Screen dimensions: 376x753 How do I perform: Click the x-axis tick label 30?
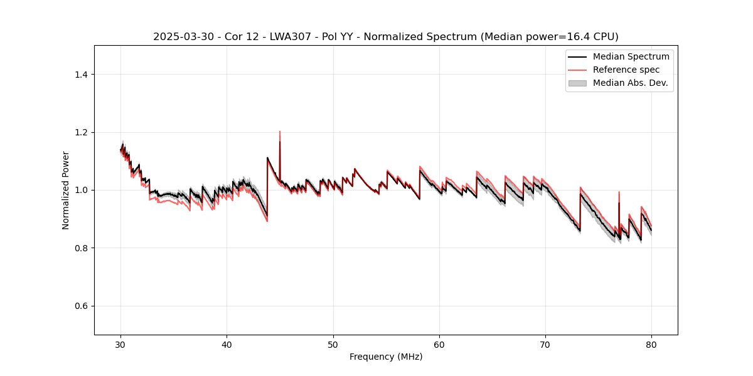point(121,344)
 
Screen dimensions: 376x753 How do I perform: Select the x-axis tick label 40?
point(227,344)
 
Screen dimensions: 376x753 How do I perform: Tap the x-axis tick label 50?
point(333,344)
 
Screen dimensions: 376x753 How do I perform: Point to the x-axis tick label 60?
point(439,344)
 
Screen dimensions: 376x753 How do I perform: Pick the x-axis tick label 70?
point(545,344)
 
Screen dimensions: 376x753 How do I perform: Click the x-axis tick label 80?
point(651,344)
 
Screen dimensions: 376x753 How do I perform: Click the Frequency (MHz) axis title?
point(386,357)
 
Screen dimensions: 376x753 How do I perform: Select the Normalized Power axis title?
point(66,190)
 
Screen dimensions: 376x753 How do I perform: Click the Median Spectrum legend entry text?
point(631,56)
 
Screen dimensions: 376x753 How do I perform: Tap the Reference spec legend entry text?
point(626,70)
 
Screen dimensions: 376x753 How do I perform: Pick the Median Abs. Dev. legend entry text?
point(630,83)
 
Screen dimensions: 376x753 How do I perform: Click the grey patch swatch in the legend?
point(577,83)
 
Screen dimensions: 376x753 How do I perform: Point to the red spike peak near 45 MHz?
point(280,132)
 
